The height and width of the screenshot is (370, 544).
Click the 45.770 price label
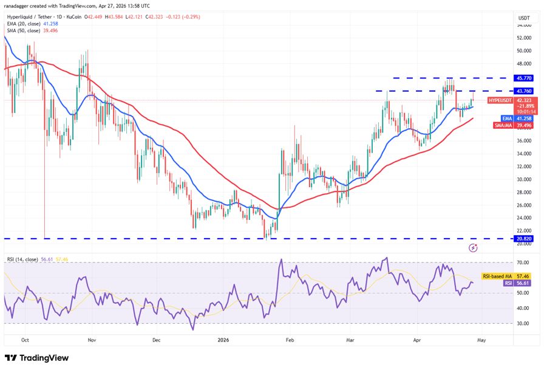click(523, 78)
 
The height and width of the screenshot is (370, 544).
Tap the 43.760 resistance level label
click(523, 91)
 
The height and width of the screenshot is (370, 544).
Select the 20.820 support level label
click(523, 239)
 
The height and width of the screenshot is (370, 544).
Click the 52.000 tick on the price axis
click(523, 37)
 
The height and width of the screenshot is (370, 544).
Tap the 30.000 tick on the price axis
click(523, 179)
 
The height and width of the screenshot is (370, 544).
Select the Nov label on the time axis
click(92, 341)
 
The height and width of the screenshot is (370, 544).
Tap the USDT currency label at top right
click(523, 18)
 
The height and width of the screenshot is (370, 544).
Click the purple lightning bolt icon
click(474, 248)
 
